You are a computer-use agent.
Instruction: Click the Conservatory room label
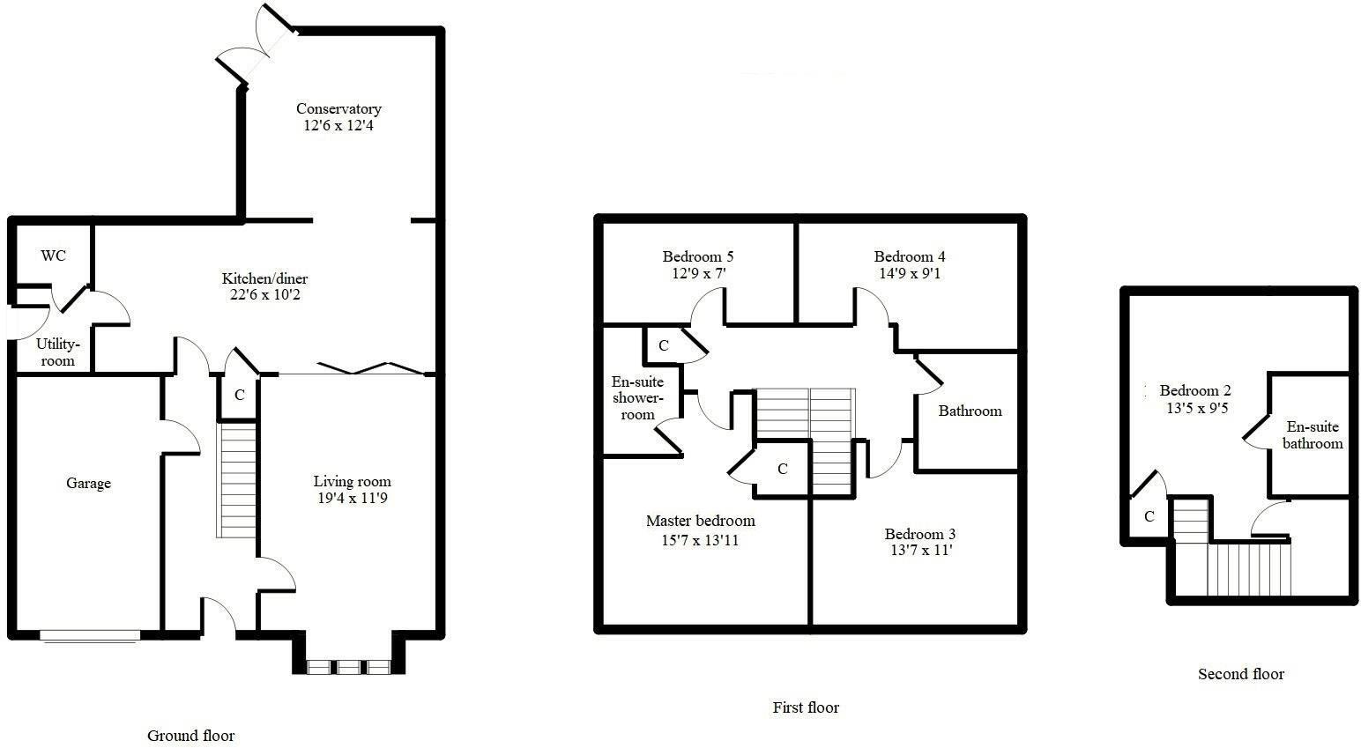(x=338, y=109)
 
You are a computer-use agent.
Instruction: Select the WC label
(x=54, y=256)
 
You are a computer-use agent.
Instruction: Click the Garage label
(x=88, y=483)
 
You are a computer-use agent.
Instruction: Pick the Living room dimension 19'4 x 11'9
(x=352, y=499)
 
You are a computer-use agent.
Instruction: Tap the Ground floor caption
(x=190, y=735)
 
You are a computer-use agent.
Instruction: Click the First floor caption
(x=806, y=707)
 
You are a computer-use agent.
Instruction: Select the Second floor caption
(x=1240, y=674)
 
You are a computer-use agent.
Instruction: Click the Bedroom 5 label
(x=698, y=256)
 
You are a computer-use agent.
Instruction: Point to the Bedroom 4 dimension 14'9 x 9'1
(x=910, y=273)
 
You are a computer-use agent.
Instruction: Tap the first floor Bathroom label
(x=970, y=411)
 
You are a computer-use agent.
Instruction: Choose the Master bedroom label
(x=700, y=521)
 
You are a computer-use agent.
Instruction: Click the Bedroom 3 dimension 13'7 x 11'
(x=920, y=551)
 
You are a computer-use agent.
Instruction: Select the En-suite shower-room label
(x=637, y=398)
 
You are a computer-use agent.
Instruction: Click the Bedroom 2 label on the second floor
(x=1195, y=390)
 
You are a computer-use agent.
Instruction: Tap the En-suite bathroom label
(x=1313, y=435)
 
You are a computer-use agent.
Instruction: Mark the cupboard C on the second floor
(x=1149, y=517)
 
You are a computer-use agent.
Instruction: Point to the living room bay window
(x=349, y=667)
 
